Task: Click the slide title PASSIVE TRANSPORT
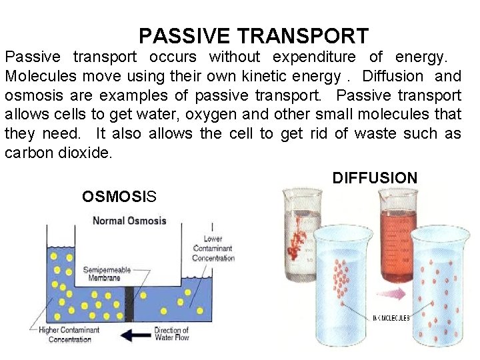point(253,36)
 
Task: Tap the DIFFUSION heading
point(375,178)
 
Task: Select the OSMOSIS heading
point(119,196)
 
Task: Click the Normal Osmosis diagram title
point(129,221)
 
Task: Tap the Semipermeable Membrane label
point(103,273)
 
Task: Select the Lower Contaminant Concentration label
point(213,248)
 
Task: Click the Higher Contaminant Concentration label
point(70,335)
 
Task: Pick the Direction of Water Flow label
point(171,333)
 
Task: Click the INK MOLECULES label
point(391,319)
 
